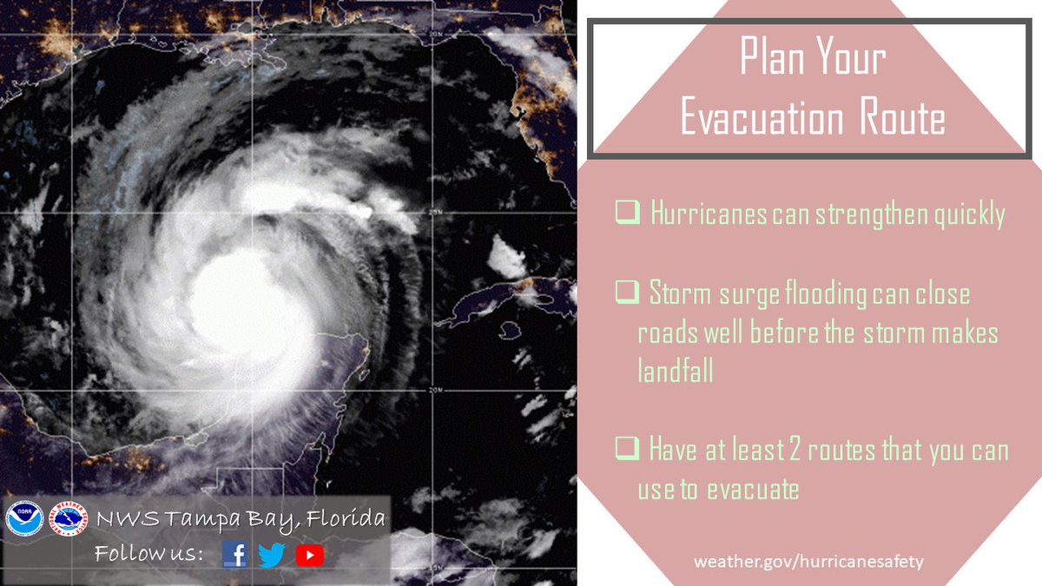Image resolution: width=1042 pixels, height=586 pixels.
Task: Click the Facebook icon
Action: coord(234,554)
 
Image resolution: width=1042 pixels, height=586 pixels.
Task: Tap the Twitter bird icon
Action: coord(272,555)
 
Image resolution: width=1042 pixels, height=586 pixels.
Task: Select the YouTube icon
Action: coord(309,555)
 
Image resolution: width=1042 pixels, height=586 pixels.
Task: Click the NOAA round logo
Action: coord(24,520)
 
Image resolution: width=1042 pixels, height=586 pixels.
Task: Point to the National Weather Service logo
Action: coord(69,520)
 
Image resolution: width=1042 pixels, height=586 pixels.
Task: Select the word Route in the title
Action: coord(902,118)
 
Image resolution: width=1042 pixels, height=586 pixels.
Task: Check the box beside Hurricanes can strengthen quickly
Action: coord(626,212)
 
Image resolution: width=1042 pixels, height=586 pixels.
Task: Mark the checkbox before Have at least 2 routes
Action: coord(626,450)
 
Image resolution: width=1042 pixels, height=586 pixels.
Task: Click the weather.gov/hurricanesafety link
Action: coord(808,561)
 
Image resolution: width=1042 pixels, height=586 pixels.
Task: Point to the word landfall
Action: coord(676,371)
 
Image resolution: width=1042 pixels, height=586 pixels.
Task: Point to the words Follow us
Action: coord(148,554)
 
